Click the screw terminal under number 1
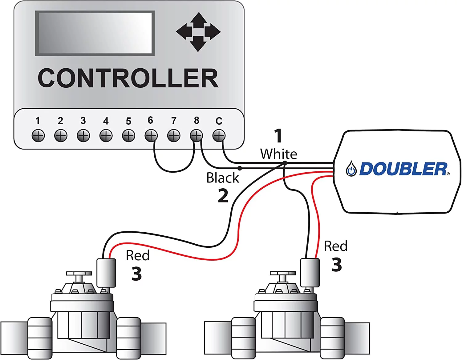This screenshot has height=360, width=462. pyautogui.click(x=38, y=136)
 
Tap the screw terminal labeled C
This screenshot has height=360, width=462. pyautogui.click(x=219, y=136)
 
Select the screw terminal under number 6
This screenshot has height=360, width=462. pyautogui.click(x=151, y=136)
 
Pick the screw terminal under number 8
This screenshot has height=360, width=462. pyautogui.click(x=196, y=136)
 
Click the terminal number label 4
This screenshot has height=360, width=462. pyautogui.click(x=106, y=121)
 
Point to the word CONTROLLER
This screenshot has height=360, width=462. pyautogui.click(x=128, y=78)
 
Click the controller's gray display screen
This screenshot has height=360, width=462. pyautogui.click(x=95, y=33)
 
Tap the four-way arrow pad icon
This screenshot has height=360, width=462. pyautogui.click(x=198, y=32)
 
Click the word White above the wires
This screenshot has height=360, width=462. pyautogui.click(x=278, y=154)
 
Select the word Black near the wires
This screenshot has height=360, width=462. pyautogui.click(x=222, y=178)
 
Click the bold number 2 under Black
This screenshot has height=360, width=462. pyautogui.click(x=223, y=196)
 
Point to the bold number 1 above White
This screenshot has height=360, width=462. pyautogui.click(x=278, y=136)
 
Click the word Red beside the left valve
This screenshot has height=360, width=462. pyautogui.click(x=138, y=255)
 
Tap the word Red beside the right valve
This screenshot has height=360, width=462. pyautogui.click(x=336, y=246)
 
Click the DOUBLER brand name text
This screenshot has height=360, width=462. pyautogui.click(x=403, y=169)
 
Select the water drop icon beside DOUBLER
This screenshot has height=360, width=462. pyautogui.click(x=351, y=169)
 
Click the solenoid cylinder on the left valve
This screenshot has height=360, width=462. pyautogui.click(x=106, y=273)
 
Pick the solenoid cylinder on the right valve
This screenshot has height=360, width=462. pyautogui.click(x=310, y=273)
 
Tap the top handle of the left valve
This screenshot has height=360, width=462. pyautogui.click(x=79, y=274)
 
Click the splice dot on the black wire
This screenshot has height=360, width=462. pyautogui.click(x=240, y=168)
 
